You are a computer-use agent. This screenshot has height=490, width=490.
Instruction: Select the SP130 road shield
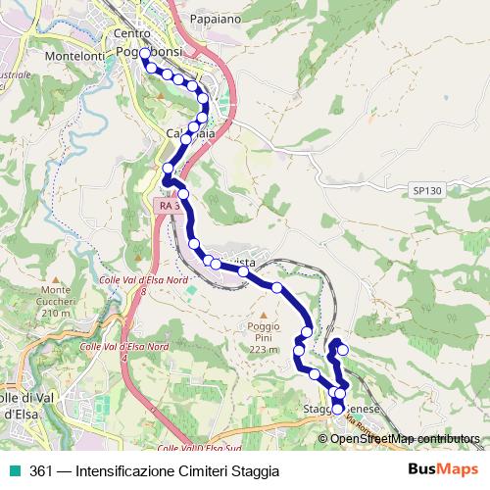tap(426, 190)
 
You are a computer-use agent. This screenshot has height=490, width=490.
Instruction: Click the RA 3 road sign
tap(169, 206)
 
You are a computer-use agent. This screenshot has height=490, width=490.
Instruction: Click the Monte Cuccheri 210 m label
tap(57, 301)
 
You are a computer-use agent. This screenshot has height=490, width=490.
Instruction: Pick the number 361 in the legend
tap(41, 471)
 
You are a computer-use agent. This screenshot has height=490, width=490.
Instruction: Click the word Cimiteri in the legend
tap(195, 471)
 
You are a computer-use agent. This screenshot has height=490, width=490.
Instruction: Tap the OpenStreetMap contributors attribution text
tap(404, 439)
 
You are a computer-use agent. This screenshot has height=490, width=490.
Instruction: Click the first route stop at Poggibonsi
tap(146, 53)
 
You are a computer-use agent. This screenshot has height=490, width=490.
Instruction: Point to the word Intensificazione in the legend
tap(123, 471)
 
